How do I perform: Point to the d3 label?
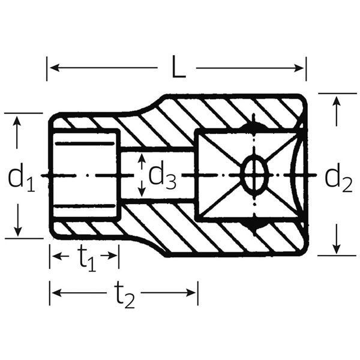163,175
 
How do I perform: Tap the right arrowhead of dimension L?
299,68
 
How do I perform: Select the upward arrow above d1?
17,133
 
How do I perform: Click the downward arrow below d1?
17,220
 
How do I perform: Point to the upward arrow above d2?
337,111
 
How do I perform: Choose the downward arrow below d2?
337,239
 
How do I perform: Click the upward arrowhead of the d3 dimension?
142,158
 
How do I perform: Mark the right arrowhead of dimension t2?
191,293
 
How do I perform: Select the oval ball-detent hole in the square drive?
254,175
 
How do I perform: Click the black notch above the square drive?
253,125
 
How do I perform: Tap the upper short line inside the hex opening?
85,144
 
